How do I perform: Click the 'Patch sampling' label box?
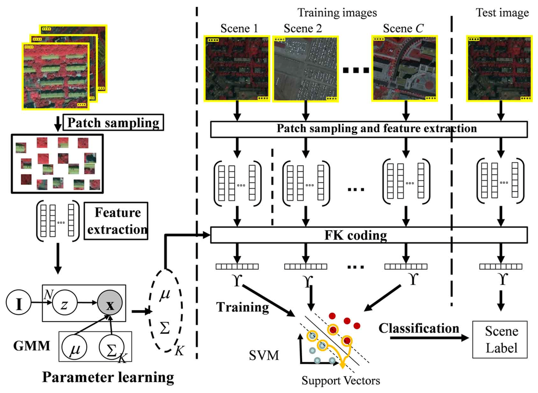113,124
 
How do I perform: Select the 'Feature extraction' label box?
118,221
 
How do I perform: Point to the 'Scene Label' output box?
501,340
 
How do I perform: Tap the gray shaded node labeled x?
110,304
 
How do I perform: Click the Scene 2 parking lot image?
304,68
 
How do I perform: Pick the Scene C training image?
405,68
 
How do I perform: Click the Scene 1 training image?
236,68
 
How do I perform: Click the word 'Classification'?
419,329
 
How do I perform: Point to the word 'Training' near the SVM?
242,306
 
